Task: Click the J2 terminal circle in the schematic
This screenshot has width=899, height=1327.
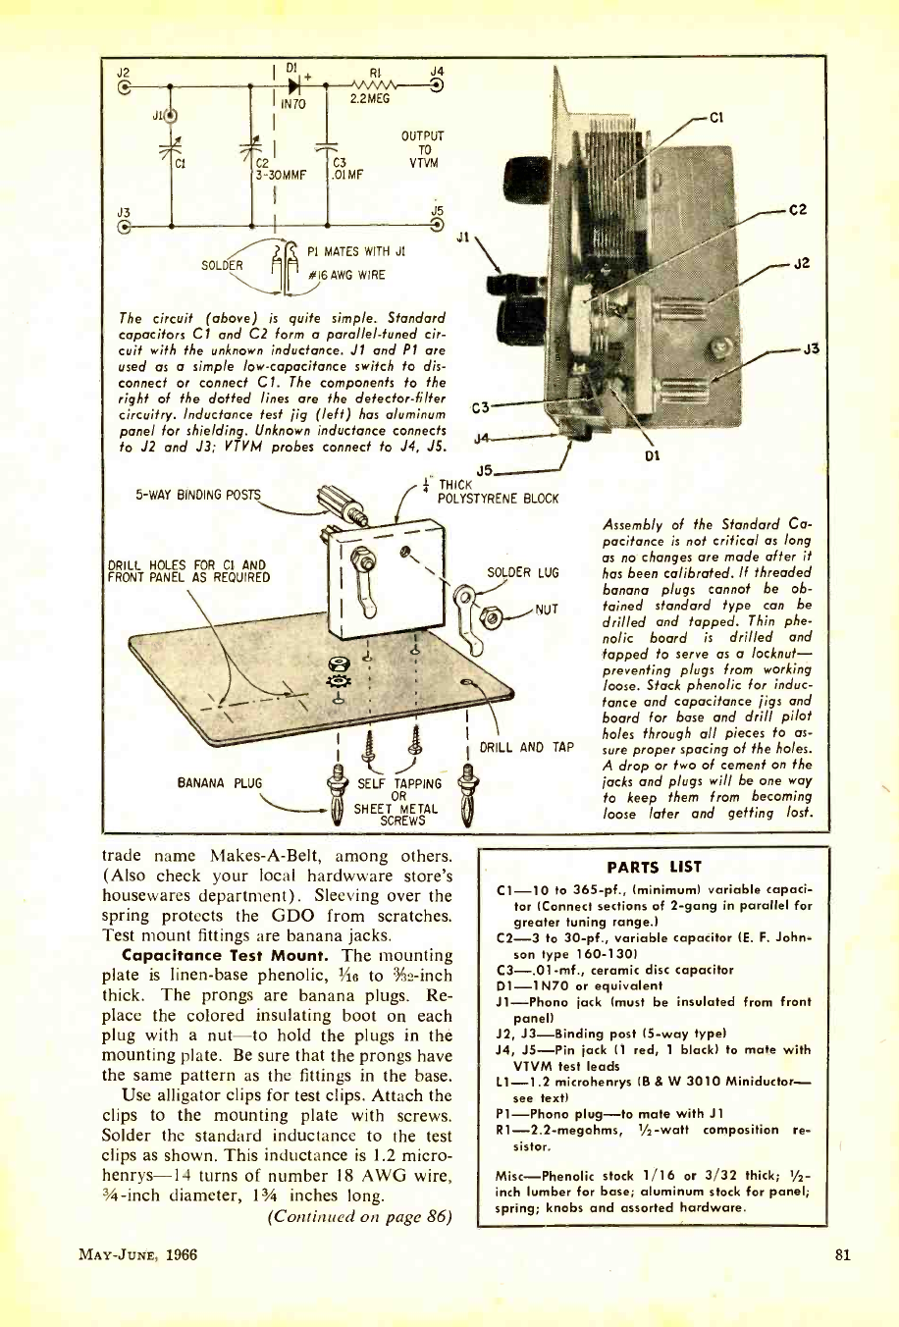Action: pos(123,86)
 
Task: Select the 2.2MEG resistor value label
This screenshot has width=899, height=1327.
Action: pos(370,99)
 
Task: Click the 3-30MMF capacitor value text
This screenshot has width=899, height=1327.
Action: pos(282,176)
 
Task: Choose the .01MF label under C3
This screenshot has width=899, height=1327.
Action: pos(347,176)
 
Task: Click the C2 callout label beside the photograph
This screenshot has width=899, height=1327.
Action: pos(797,209)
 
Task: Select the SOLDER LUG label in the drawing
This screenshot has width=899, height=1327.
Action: pos(522,573)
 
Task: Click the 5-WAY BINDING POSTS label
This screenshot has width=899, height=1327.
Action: pos(197,495)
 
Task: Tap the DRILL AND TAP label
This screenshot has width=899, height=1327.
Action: pos(527,748)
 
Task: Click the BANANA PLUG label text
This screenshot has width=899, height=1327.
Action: pos(220,783)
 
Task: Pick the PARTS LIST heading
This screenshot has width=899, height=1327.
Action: pos(655,867)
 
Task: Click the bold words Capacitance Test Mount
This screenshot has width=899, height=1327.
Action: pos(226,955)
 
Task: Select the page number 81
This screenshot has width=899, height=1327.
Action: pos(841,1253)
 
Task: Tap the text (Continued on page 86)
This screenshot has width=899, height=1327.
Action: pos(359,1217)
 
